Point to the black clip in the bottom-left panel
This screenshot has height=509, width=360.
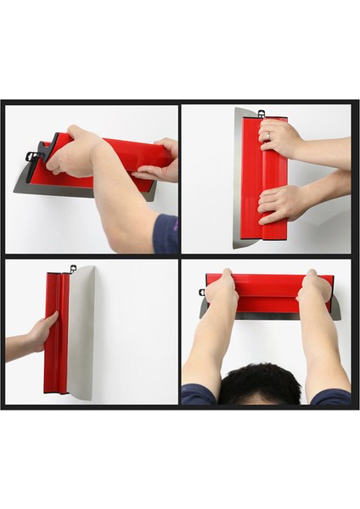73,270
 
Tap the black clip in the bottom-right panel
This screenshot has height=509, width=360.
203,293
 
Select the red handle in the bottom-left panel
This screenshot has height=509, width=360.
55,335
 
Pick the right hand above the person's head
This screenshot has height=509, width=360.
314,288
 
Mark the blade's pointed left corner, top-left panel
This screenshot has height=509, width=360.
15,191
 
